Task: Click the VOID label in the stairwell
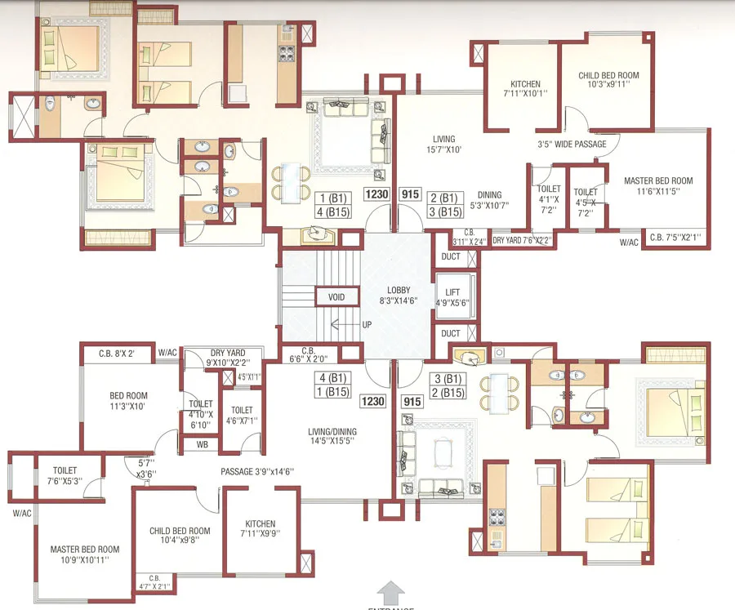click(x=331, y=296)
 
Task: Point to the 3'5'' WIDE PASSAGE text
click(x=572, y=145)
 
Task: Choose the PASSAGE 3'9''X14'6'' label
click(x=257, y=472)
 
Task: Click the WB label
click(x=201, y=446)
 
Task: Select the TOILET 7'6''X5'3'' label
click(x=65, y=476)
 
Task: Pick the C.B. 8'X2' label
click(x=116, y=354)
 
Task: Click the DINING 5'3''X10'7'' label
click(x=490, y=200)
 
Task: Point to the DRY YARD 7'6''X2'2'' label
click(x=522, y=240)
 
